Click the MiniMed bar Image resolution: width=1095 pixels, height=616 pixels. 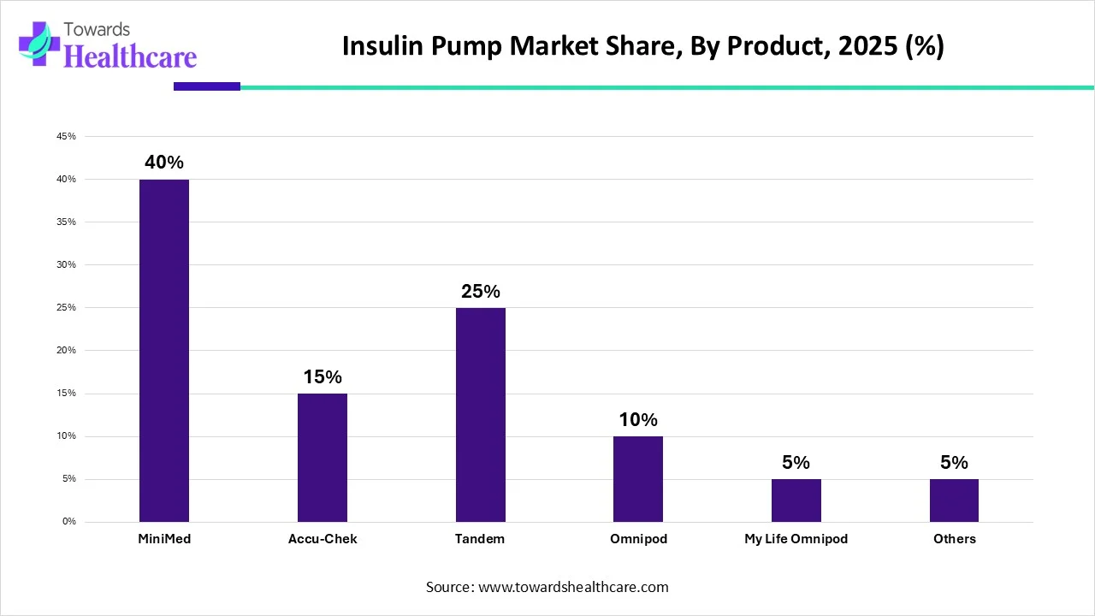[x=164, y=351]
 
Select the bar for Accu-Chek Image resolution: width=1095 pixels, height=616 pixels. [x=323, y=458]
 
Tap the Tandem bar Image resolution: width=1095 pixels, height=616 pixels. [x=480, y=415]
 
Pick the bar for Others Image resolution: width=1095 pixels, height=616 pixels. [x=954, y=500]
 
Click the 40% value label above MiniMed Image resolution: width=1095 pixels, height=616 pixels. [x=164, y=163]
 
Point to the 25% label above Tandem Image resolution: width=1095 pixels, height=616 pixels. [x=480, y=291]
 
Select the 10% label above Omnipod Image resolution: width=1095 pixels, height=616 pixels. [x=638, y=419]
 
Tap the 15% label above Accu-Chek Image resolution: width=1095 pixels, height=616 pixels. [x=323, y=376]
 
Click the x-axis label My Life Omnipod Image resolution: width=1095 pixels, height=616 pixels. [x=796, y=539]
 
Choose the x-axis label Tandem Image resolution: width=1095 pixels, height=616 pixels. [x=480, y=539]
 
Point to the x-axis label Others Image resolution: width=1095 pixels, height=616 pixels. [x=954, y=539]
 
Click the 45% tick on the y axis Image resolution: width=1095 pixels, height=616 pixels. [x=67, y=137]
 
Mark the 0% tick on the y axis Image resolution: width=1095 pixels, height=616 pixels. [x=68, y=522]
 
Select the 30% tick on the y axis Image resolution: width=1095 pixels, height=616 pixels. [x=67, y=265]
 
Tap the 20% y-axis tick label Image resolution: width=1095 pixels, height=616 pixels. [x=67, y=351]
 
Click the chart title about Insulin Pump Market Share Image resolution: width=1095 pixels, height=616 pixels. [x=642, y=46]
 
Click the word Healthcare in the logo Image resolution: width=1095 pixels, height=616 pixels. [x=130, y=56]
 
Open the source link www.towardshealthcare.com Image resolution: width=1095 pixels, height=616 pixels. [x=571, y=587]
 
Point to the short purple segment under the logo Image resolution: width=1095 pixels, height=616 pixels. [x=207, y=86]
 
